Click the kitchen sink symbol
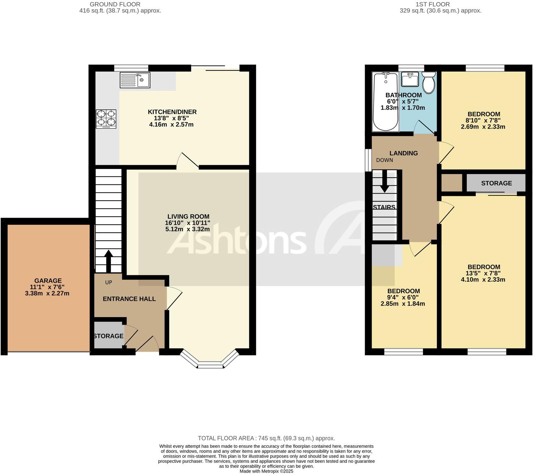coord(135,80)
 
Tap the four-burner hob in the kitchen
coord(106,119)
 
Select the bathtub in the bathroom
coord(385,101)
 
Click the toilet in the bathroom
coord(429,82)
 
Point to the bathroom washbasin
coord(410,79)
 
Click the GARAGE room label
coord(48,281)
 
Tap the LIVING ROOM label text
coord(188,217)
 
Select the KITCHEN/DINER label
coord(172,112)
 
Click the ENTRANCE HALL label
coord(129,299)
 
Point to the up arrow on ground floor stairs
coord(108,261)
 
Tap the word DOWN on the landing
coord(384,160)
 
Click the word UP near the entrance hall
coord(109,283)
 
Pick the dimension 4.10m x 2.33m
coord(483,279)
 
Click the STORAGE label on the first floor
coord(496,183)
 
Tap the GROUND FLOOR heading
coord(115,4)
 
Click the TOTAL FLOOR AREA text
coord(266,438)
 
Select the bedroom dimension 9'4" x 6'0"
coord(403,297)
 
